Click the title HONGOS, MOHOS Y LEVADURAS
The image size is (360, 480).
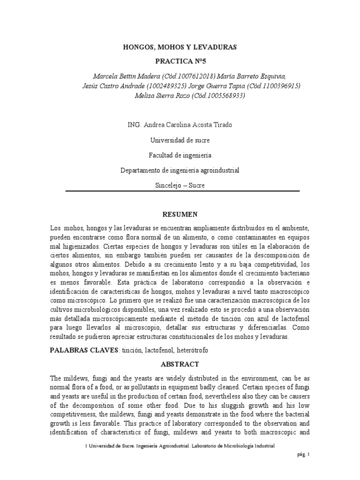[x=180, y=47]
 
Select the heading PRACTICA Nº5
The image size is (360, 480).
[x=180, y=61]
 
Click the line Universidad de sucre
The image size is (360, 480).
[x=180, y=140]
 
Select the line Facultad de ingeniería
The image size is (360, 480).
[x=180, y=155]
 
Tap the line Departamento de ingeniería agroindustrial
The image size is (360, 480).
[x=180, y=170]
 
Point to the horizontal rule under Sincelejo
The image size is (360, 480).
[x=180, y=191]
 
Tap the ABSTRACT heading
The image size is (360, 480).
[x=180, y=364]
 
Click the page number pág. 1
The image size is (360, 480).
[x=304, y=467]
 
